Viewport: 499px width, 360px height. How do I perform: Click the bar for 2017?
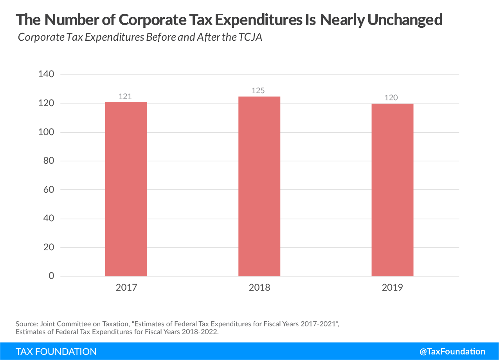126,189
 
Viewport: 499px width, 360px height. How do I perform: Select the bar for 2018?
259,186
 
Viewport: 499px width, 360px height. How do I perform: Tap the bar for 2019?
392,190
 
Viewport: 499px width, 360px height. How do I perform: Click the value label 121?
125,96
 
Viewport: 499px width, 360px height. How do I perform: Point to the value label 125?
258,90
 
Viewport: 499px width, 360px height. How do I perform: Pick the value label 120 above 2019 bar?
391,98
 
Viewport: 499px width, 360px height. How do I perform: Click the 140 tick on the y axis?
46,74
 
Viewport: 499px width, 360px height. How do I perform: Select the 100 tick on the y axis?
46,132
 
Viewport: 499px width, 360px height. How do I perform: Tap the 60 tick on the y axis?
49,190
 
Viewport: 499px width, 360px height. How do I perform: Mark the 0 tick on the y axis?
51,276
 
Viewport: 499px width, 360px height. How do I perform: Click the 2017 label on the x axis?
126,288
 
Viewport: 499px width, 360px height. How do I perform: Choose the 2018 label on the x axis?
259,288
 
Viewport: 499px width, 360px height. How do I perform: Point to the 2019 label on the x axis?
393,288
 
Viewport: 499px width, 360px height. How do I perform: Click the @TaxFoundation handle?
452,351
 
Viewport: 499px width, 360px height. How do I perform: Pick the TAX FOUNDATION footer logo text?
56,351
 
